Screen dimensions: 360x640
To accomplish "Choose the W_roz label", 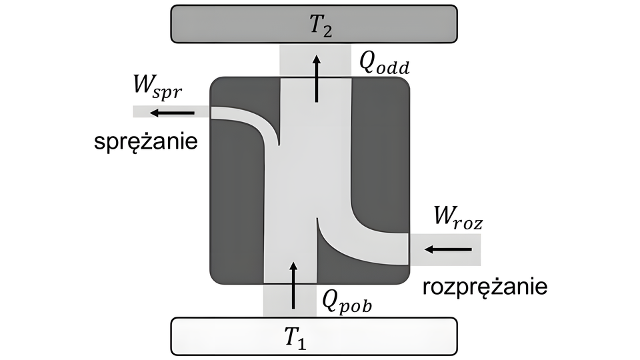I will [457, 217].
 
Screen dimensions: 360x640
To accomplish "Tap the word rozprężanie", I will [485, 287].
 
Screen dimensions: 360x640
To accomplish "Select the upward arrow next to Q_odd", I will [317, 79].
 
